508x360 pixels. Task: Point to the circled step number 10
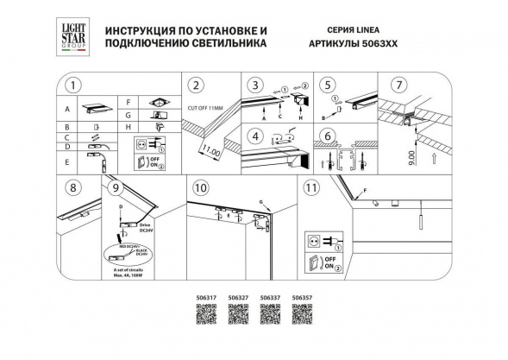pyautogui.click(x=200, y=187)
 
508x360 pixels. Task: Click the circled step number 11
pyautogui.click(x=311, y=187)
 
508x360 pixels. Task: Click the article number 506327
pyautogui.click(x=232, y=298)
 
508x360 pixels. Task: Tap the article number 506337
pyautogui.click(x=267, y=298)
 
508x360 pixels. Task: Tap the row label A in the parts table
pyautogui.click(x=66, y=111)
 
